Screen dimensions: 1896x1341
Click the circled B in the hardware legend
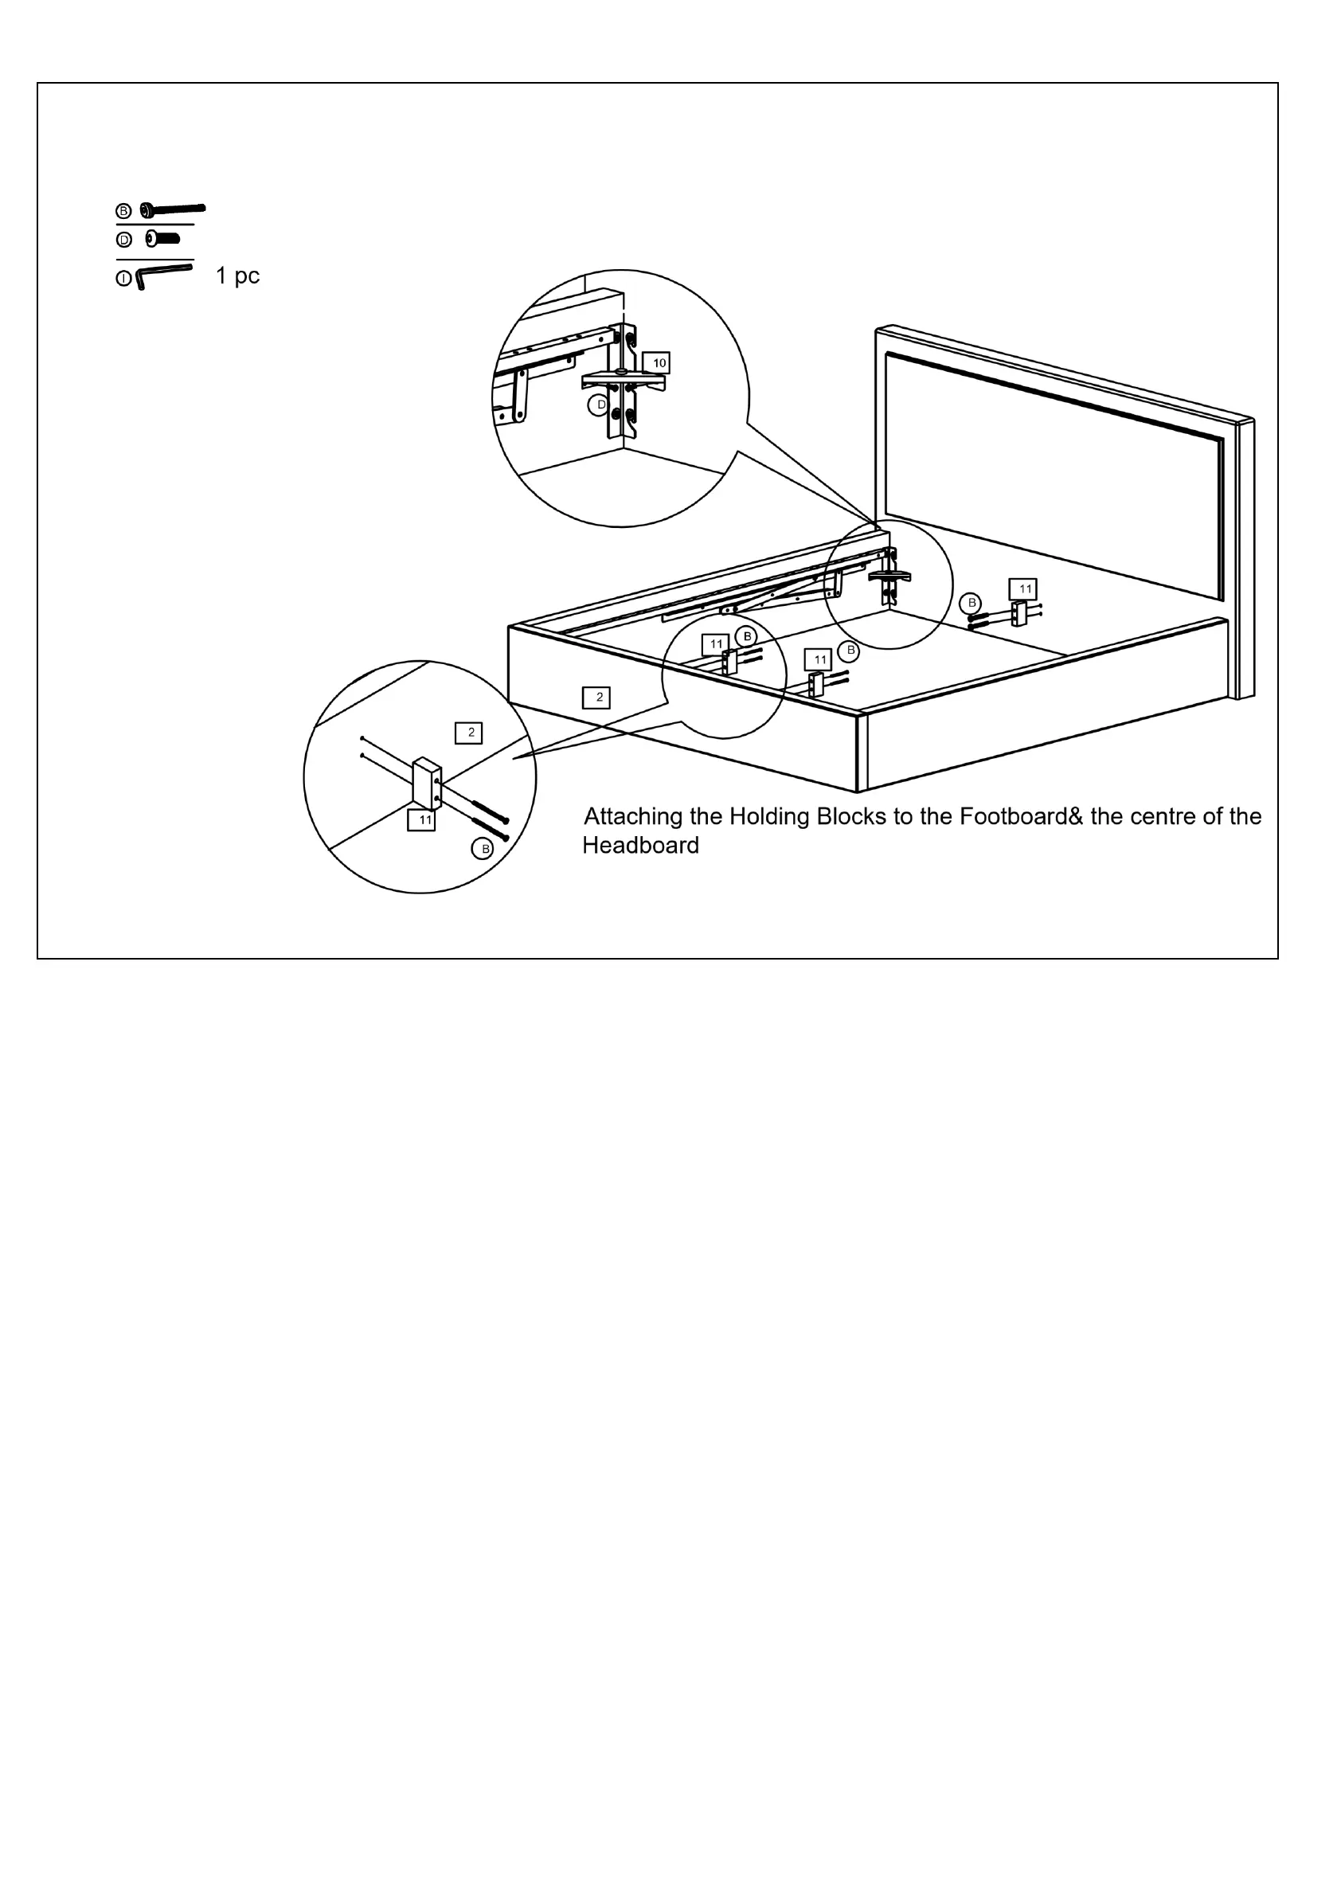coord(124,211)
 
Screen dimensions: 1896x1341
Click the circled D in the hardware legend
coord(124,240)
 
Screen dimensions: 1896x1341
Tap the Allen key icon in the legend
coord(163,275)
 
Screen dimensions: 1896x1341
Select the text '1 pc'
coord(237,276)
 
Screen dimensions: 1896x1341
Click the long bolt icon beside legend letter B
coord(173,209)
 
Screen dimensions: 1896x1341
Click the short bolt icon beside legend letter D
coord(162,239)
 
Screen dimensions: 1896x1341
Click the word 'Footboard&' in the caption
coord(1012,817)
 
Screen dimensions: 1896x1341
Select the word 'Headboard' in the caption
coord(641,846)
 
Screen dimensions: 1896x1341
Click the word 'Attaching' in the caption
coord(634,818)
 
